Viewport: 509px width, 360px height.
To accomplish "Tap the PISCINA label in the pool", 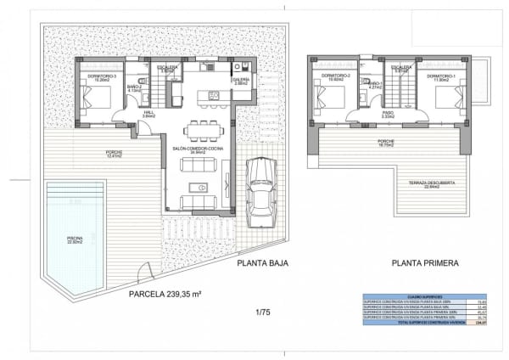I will pos(75,239).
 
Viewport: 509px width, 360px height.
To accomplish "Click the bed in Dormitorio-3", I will pos(97,98).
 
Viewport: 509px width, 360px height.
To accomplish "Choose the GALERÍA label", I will pos(240,80).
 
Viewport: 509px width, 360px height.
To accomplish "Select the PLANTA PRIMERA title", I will pos(423,263).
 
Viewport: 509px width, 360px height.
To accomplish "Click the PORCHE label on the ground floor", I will pos(90,153).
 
